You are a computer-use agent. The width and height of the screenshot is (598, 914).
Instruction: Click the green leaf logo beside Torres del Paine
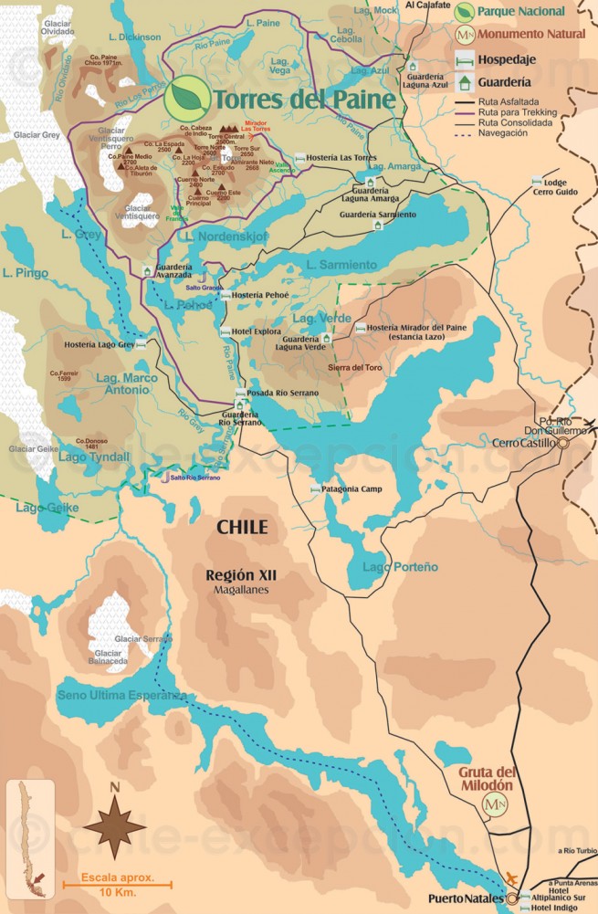(x=186, y=97)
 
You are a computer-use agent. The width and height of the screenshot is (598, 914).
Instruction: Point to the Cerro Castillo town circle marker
(x=563, y=443)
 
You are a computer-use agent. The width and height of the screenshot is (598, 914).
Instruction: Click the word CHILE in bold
(x=242, y=527)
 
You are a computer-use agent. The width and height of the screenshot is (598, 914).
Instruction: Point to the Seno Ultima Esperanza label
(x=121, y=696)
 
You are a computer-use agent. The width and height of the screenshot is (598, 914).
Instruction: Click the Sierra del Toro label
(x=354, y=367)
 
